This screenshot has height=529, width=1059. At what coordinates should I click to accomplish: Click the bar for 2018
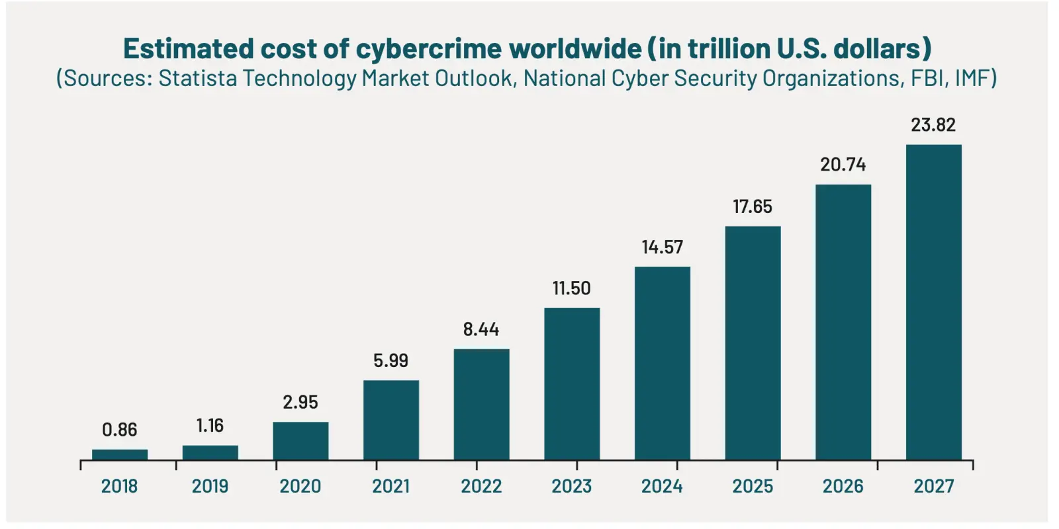[x=120, y=454]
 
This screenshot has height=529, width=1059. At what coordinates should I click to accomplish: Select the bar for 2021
[x=391, y=420]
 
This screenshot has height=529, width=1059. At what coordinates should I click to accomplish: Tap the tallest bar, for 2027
[x=933, y=302]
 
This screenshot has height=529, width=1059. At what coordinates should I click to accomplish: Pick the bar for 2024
[x=662, y=363]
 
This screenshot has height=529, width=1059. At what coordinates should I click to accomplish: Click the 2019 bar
[x=210, y=452]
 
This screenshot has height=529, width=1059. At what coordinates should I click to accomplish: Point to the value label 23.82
[x=933, y=125]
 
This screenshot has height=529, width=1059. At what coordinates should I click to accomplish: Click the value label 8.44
[x=481, y=329]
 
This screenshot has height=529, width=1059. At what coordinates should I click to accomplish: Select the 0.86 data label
[x=120, y=430]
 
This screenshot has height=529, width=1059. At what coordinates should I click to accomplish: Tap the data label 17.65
[x=753, y=207]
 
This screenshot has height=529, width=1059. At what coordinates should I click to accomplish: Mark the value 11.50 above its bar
[x=572, y=288]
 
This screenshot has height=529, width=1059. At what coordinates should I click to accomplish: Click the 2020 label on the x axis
[x=300, y=486]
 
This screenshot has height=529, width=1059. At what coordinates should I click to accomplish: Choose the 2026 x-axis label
[x=843, y=486]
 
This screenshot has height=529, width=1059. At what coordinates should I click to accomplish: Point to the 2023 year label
[x=572, y=486]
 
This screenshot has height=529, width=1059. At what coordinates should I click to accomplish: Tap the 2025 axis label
[x=753, y=486]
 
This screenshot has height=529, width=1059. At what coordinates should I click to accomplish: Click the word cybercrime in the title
[x=429, y=50]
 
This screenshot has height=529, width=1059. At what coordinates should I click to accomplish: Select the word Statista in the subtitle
[x=197, y=78]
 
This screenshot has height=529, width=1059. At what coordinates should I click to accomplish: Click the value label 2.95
[x=300, y=402]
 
